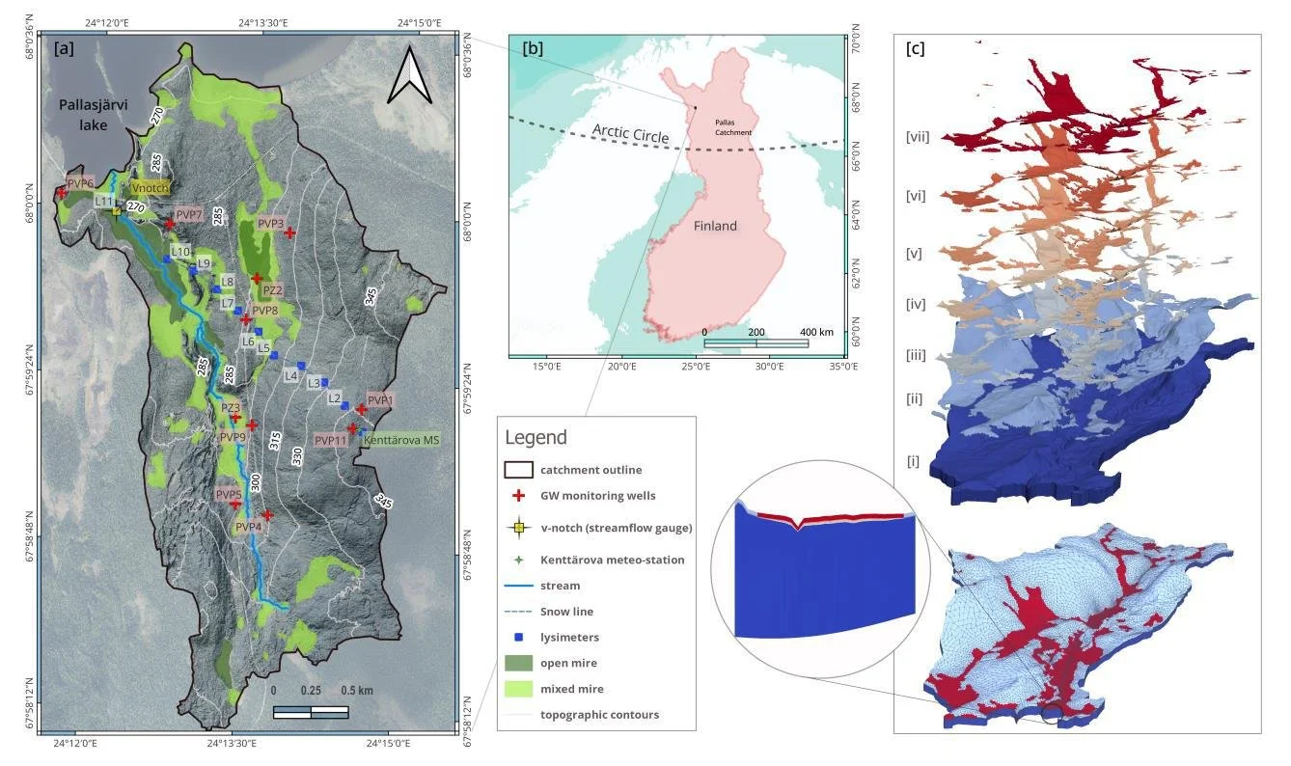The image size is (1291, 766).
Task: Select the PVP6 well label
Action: coord(80,183)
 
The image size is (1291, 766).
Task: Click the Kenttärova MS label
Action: coord(401,440)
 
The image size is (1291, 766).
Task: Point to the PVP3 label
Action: coord(271,224)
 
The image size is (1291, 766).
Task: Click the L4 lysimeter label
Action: coord(290,375)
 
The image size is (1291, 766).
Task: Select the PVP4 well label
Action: coord(248,527)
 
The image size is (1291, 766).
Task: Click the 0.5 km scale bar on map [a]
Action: coord(311,712)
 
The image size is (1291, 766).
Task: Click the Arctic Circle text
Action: coord(631,134)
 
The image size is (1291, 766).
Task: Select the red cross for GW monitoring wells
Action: coord(519,496)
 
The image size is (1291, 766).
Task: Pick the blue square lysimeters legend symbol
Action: coord(519,638)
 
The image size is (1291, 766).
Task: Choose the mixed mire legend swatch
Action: coord(519,689)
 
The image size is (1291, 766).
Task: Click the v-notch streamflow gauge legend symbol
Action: coord(519,528)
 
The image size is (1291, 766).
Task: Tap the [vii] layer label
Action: coord(917,137)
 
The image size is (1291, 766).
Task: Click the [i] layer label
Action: coord(914,461)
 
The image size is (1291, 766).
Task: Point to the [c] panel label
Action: coord(915,49)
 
